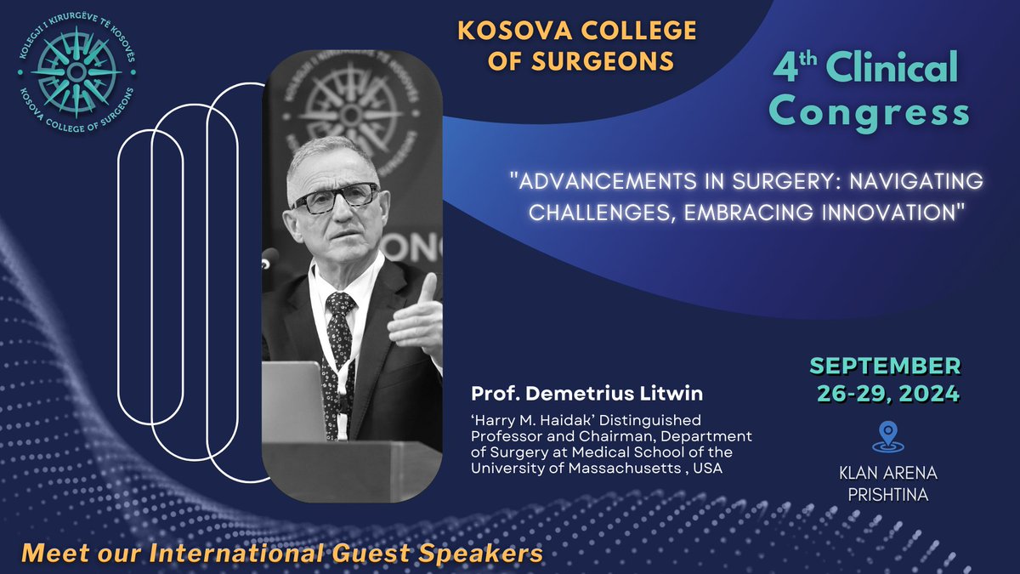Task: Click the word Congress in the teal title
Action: pos(873,111)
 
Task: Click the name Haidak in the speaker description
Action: pos(578,420)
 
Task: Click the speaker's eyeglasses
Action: pos(336,197)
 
